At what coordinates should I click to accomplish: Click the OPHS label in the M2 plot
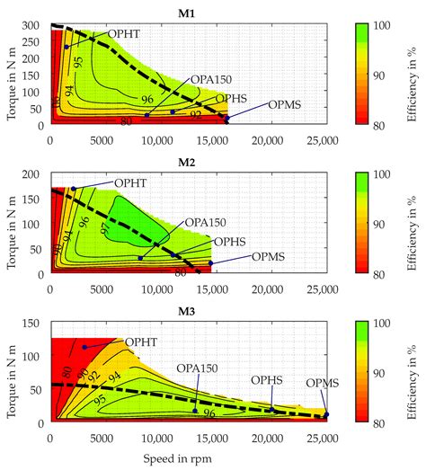tap(230, 242)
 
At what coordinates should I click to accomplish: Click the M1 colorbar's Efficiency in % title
tap(415, 75)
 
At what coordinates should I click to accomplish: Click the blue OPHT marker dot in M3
tap(84, 346)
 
